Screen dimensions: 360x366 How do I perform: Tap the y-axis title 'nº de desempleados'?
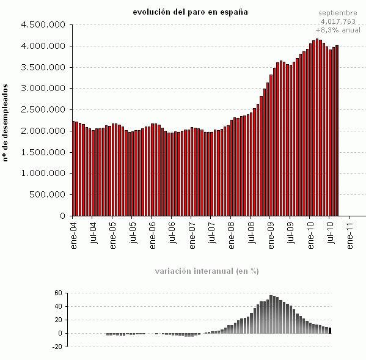[x=5, y=123]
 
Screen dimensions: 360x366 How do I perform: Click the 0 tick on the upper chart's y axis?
[x=62, y=216]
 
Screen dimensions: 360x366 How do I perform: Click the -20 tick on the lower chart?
[x=57, y=347]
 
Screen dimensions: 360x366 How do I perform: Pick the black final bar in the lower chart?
[x=330, y=331]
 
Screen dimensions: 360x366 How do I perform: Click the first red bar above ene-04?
[x=73, y=169]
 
